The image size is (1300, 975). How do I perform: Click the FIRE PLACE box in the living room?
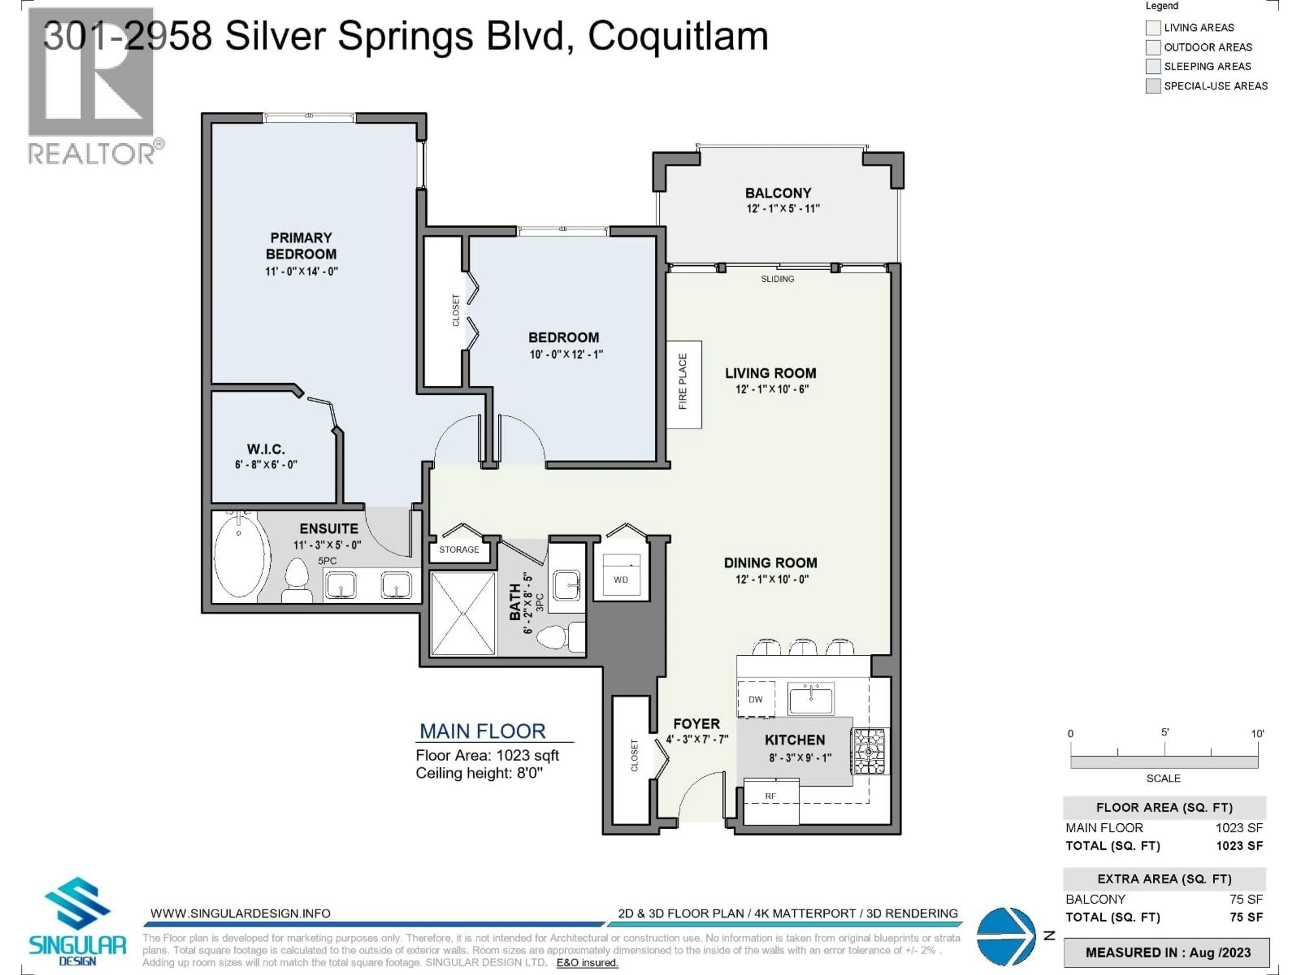pyautogui.click(x=684, y=384)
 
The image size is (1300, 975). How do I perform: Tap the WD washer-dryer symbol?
pyautogui.click(x=621, y=577)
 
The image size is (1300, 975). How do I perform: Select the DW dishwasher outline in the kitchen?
pyautogui.click(x=756, y=699)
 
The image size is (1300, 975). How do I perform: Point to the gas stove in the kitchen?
pyautogui.click(x=869, y=751)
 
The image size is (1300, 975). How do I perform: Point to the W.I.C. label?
pyautogui.click(x=266, y=449)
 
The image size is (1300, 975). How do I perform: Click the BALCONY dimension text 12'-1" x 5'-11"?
pyautogui.click(x=783, y=209)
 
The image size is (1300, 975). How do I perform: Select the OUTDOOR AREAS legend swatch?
pyautogui.click(x=1153, y=47)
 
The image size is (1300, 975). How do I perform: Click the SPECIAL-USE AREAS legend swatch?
pyautogui.click(x=1153, y=86)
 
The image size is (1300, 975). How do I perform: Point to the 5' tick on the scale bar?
pyautogui.click(x=1164, y=750)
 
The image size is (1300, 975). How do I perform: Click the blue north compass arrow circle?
pyautogui.click(x=1005, y=936)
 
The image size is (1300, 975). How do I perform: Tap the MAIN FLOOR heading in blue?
pyautogui.click(x=482, y=731)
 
